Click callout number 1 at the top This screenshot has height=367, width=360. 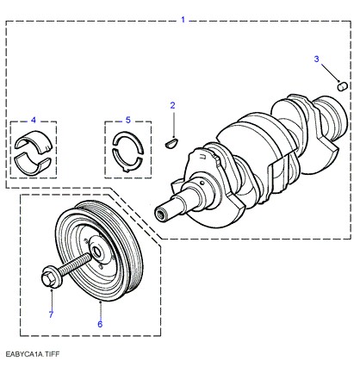[x=183, y=20]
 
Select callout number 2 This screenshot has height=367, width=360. [x=172, y=105]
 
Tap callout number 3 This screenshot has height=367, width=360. [x=316, y=59]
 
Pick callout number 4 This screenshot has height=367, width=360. [x=34, y=120]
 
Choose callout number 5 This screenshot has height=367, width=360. [x=128, y=120]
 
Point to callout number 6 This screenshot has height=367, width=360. [x=100, y=324]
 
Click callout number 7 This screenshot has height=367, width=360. [x=51, y=314]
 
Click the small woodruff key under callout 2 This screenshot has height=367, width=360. [x=172, y=143]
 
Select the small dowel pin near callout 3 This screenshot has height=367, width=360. [x=343, y=86]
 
